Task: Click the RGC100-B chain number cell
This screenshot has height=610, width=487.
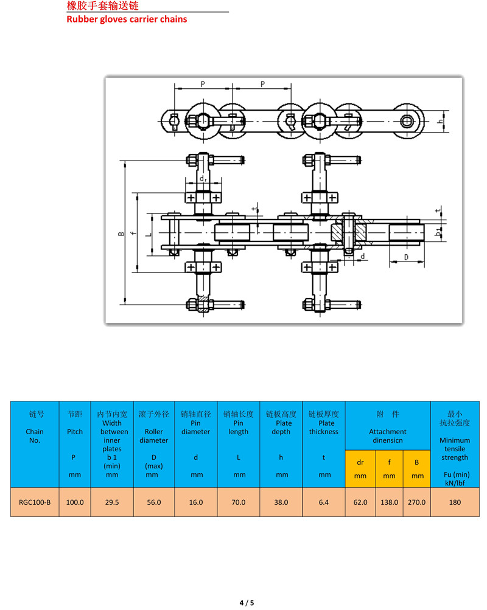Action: click(x=35, y=502)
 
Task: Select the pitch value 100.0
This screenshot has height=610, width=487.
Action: click(x=74, y=502)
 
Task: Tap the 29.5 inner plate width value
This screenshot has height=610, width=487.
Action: click(x=111, y=502)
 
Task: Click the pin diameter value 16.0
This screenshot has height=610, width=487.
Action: click(x=196, y=502)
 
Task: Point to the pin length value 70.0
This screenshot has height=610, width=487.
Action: click(x=239, y=502)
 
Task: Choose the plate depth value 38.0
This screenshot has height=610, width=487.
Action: click(x=281, y=502)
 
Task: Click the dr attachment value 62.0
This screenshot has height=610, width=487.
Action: click(x=360, y=502)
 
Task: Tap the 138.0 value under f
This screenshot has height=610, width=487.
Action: click(x=389, y=502)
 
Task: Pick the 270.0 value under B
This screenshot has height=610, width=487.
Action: click(x=417, y=502)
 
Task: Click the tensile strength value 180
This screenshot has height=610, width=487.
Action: click(x=454, y=502)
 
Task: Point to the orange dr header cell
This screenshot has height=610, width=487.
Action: click(x=360, y=468)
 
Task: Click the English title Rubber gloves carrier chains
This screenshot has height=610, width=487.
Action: click(x=126, y=19)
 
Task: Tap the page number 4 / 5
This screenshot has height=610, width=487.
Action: click(x=246, y=603)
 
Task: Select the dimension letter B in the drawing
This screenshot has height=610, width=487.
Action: click(x=121, y=234)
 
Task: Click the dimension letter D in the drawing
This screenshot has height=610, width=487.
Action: click(x=405, y=257)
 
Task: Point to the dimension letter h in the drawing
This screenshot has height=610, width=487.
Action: click(x=440, y=120)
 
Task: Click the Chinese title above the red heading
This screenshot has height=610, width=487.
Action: click(x=107, y=6)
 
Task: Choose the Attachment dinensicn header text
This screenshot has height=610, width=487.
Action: click(x=388, y=435)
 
